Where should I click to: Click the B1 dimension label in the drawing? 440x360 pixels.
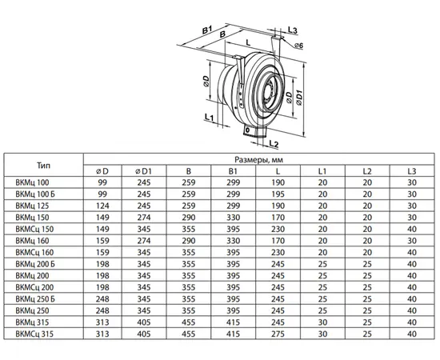[207, 30]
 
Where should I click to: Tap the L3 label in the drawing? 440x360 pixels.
[292, 30]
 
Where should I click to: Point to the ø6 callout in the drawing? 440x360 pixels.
[298, 46]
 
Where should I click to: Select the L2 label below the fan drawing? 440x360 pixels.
[274, 143]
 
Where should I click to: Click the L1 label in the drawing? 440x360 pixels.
[209, 118]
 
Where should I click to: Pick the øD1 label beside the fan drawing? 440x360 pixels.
[299, 98]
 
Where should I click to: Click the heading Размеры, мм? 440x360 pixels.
[258, 160]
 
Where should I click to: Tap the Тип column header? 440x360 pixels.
[43, 166]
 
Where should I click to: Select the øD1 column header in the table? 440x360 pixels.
[143, 171]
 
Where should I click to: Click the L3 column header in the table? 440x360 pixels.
[412, 171]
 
